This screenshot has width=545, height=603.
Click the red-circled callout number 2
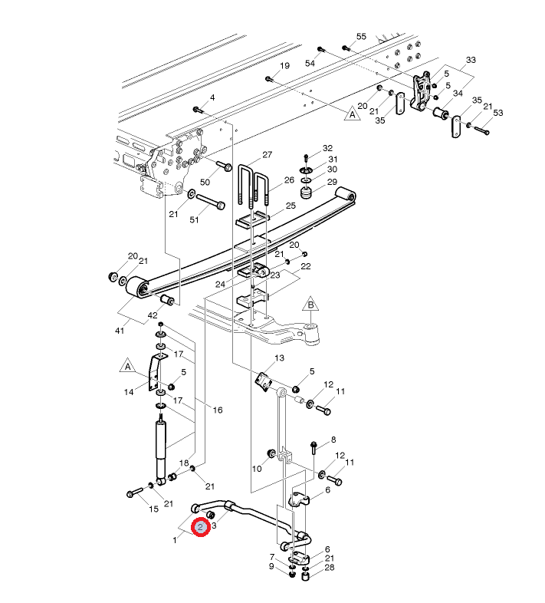pos(200,528)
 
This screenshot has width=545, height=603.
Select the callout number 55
pos(362,37)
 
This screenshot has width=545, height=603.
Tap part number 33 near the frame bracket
pos(471,60)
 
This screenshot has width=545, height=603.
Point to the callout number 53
pos(498,114)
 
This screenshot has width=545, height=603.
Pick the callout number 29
pos(332,182)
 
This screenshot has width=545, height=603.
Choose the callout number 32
pos(327,148)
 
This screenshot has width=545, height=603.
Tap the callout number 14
pos(128,392)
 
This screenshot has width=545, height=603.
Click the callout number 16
pos(218,410)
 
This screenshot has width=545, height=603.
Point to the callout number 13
pos(279,358)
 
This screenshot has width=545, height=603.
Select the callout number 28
pos(329,568)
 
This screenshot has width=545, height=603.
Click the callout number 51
pos(194,220)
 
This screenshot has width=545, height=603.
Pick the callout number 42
pos(153,315)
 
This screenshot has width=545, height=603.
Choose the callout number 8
pos(333,440)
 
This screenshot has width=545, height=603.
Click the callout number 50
pos(205,182)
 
